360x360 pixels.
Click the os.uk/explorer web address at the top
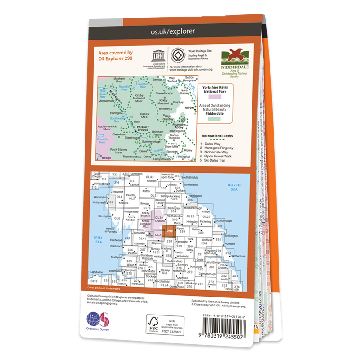pos(176,31)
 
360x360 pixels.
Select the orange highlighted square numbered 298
pos(169,231)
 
